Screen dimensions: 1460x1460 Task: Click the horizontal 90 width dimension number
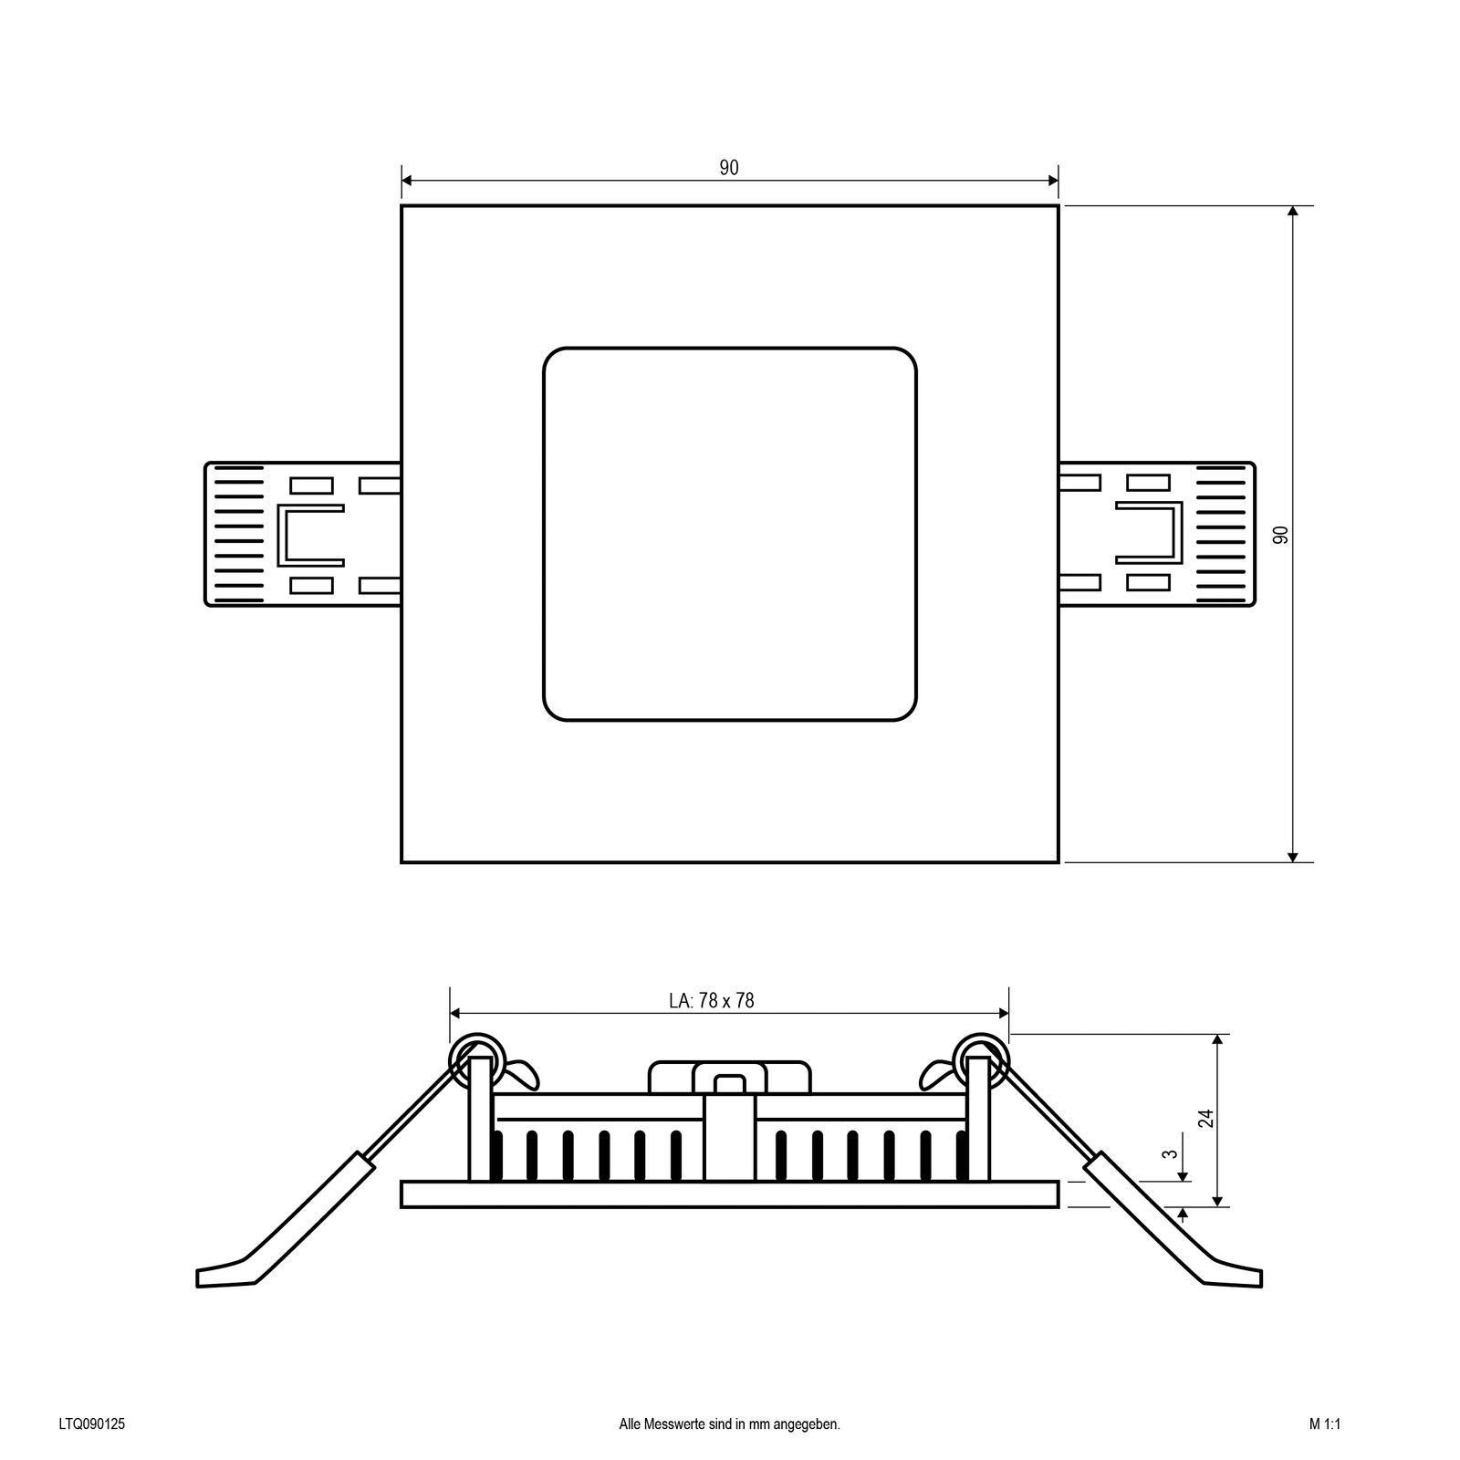(728, 168)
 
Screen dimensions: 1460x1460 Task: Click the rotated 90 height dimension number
(1280, 535)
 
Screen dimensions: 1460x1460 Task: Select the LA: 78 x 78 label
(712, 1001)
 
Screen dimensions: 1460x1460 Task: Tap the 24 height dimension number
(1206, 1118)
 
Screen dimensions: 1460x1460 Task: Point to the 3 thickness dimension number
(1171, 1153)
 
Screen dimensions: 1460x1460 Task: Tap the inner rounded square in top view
(730, 535)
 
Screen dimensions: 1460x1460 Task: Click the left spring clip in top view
(301, 535)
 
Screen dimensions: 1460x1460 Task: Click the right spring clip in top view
(1157, 535)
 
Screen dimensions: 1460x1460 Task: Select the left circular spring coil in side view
(475, 1058)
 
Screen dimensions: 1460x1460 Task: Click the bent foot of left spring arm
(224, 1274)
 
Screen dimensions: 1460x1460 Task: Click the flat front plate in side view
(730, 1194)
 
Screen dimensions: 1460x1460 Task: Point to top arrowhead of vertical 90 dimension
(1292, 212)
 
